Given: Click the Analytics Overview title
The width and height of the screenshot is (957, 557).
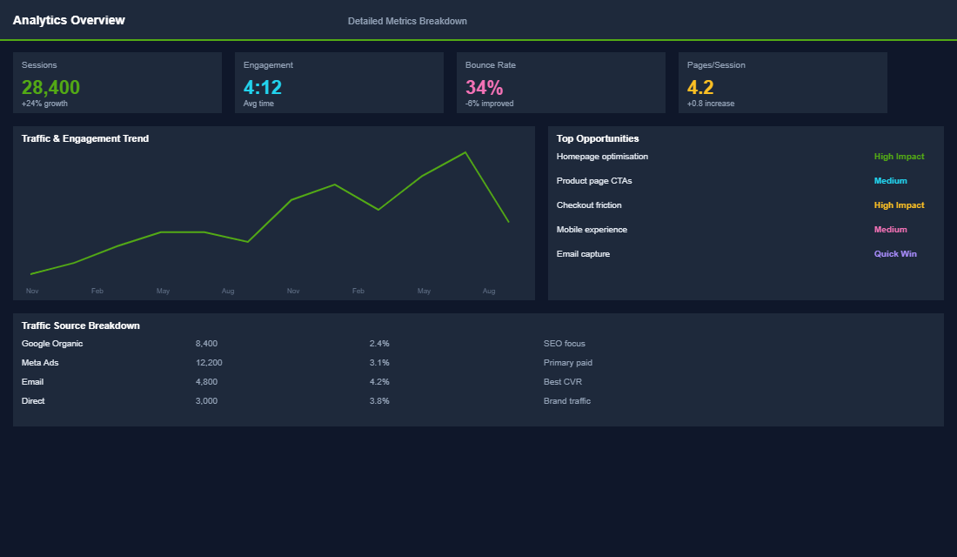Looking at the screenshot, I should coord(69,20).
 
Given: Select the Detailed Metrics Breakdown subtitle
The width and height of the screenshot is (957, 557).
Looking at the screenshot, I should coord(407,21).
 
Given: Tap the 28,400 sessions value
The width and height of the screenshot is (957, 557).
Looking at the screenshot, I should coord(50,87).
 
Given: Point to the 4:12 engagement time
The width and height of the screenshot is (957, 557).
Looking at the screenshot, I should coord(263,87).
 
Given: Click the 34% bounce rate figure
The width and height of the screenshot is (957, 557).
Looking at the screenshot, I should coord(484,87).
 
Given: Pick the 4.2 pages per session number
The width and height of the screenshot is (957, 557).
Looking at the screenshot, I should coord(700,87).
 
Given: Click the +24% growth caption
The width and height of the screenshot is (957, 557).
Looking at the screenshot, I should coord(44,104).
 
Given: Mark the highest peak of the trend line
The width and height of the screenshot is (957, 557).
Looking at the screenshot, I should coord(465,152).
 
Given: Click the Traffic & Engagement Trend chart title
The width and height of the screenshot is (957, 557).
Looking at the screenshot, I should coord(85,138).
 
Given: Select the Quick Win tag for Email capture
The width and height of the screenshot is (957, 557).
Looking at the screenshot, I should coord(895,254).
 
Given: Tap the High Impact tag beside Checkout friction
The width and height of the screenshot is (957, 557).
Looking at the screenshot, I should coord(899,205).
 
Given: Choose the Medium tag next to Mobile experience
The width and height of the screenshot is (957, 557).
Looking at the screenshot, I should coord(890,230).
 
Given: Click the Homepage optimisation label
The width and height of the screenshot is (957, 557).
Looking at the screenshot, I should coord(602,157).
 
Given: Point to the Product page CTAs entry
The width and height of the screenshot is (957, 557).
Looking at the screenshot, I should coord(594,181).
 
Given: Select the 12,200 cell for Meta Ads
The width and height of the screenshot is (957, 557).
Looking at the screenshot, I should coord(209,363).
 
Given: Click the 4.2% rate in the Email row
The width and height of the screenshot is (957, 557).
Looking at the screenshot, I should coord(379,382).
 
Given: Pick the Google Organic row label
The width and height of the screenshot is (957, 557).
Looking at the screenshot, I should coord(52,344).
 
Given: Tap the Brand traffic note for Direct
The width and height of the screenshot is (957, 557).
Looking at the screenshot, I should coord(567,401).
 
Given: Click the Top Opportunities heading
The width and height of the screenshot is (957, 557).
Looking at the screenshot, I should coord(598,138).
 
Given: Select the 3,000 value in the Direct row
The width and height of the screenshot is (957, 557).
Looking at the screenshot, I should coord(206,401).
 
